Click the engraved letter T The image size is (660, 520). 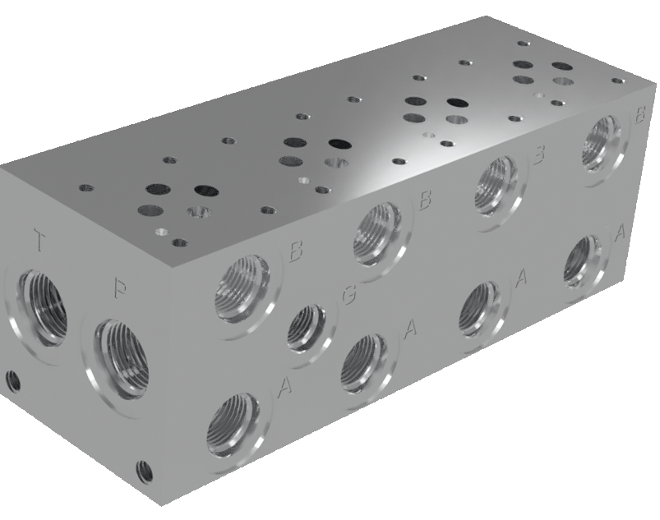39,241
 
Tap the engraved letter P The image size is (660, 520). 120,289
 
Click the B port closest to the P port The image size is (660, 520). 242,288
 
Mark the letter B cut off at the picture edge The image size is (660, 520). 639,116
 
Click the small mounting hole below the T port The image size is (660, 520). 13,380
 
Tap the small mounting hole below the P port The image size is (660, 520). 145,470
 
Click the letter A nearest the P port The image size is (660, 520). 285,384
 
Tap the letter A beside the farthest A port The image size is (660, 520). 621,233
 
